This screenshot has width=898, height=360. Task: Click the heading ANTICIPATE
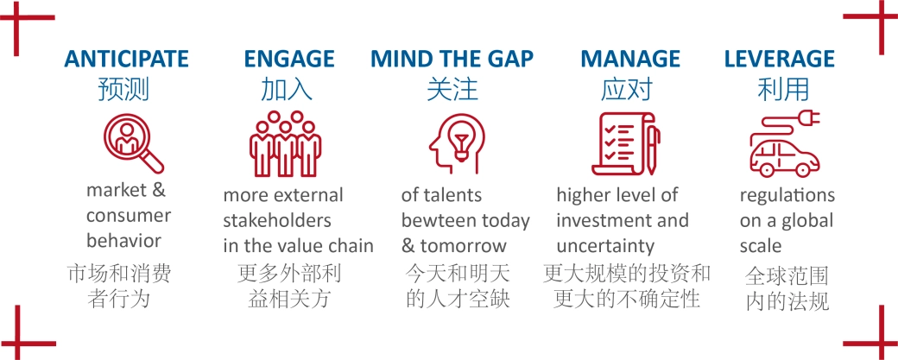coord(127,59)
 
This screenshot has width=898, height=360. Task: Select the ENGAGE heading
coord(289,59)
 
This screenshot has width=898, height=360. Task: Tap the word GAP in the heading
coord(509,59)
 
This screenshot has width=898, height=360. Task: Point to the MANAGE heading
coord(630,59)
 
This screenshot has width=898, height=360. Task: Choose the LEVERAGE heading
coord(780,59)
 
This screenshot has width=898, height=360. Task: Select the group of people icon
coord(285,143)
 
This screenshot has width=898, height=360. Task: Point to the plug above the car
coord(809,118)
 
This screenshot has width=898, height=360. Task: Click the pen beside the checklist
coord(652,148)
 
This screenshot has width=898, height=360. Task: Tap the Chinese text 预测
coord(123,90)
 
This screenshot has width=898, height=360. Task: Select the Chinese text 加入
coord(287,90)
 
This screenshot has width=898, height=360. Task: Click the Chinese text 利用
coord(783,90)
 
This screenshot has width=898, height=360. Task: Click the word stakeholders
coord(277,220)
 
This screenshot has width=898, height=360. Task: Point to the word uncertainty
coord(605,246)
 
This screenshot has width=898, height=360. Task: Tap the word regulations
coord(787,196)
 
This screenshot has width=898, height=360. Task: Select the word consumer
coord(129,216)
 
